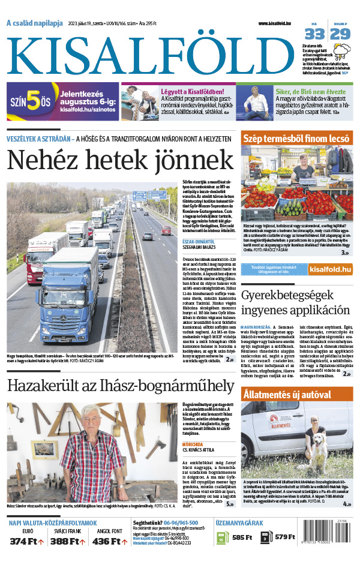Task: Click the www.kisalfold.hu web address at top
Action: coord(279,23)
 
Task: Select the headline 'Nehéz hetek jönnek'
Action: coord(120,160)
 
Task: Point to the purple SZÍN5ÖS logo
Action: coord(30,102)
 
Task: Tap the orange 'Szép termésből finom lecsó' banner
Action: coord(296,138)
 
